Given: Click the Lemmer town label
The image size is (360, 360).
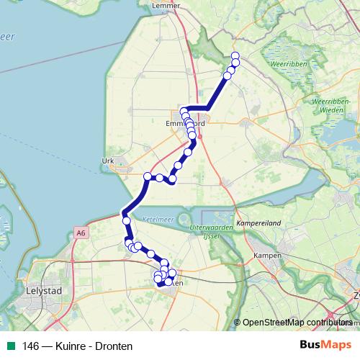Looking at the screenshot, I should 165,6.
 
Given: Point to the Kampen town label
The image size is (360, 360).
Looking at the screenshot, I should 267,256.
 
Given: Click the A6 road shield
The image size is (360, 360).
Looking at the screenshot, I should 79,233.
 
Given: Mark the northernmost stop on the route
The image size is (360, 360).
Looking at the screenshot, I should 235,57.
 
